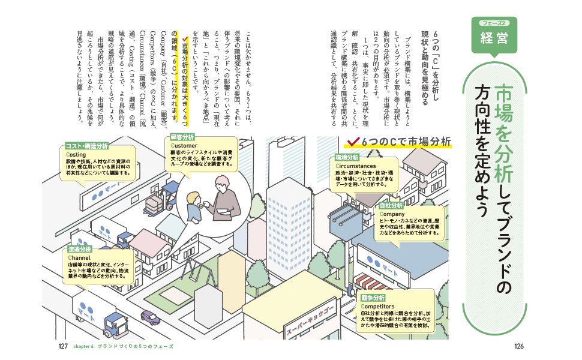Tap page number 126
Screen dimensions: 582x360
(x=519, y=346)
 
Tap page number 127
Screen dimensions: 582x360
(x=63, y=346)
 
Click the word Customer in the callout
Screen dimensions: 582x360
(x=184, y=146)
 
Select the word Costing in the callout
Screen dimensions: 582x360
(x=76, y=154)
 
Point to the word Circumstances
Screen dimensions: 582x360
(x=356, y=166)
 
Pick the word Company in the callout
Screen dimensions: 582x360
(x=392, y=214)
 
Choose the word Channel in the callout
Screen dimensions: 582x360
(x=79, y=257)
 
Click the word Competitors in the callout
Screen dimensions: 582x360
(x=377, y=306)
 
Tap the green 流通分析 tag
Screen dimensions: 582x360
(x=80, y=250)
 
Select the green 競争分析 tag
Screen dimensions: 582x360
(x=373, y=298)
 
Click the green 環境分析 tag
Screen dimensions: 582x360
(x=347, y=157)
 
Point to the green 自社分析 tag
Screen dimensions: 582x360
(x=391, y=206)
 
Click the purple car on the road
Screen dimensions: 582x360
(x=151, y=317)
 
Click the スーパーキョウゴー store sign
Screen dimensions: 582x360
(x=311, y=320)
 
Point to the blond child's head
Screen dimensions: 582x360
(x=193, y=197)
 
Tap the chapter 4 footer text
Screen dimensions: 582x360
(x=123, y=346)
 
